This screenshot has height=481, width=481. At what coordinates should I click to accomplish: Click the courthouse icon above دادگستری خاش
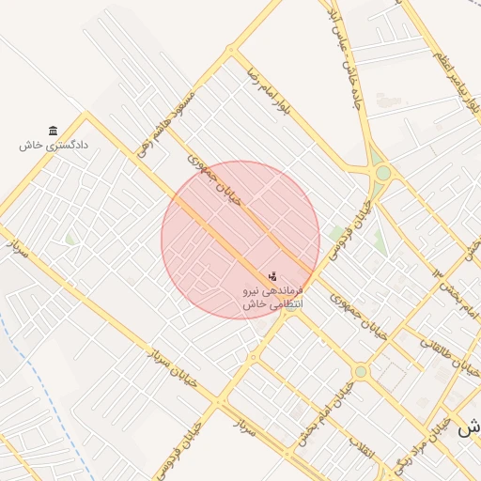(x=53, y=131)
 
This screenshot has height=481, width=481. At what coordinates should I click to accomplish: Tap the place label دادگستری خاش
(x=53, y=146)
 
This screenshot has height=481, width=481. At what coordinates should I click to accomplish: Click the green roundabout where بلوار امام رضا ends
(x=382, y=172)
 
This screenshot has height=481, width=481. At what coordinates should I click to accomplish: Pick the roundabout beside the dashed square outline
(x=361, y=372)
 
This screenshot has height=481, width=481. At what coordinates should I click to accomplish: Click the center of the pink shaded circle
(x=240, y=240)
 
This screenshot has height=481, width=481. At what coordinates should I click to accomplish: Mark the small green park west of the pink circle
(x=70, y=240)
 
